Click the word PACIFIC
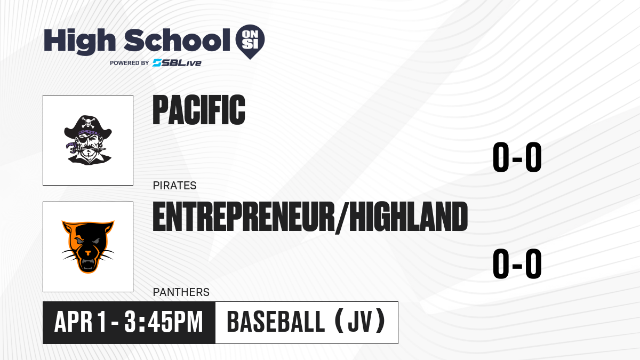tap(199, 110)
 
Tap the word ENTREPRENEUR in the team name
tap(244, 217)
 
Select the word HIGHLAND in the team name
tap(409, 217)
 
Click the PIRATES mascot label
tap(174, 186)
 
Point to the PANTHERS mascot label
tap(181, 292)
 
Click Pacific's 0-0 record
tap(517, 157)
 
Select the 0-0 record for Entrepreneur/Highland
tap(517, 263)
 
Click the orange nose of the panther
tap(88, 253)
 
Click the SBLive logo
tap(177, 63)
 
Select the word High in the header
tap(80, 41)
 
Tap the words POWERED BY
tap(130, 63)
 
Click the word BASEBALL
tap(276, 322)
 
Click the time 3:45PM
tap(163, 322)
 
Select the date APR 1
tap(81, 322)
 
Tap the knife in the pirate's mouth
tap(87, 149)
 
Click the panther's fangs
tap(88, 265)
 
